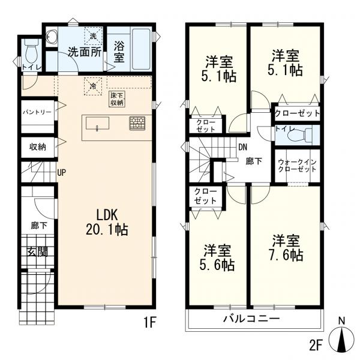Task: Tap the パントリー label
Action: click(37, 112)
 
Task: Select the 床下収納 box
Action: click(116, 99)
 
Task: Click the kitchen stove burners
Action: click(137, 123)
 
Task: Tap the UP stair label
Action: click(61, 173)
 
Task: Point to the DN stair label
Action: click(242, 147)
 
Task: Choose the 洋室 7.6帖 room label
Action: click(286, 248)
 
